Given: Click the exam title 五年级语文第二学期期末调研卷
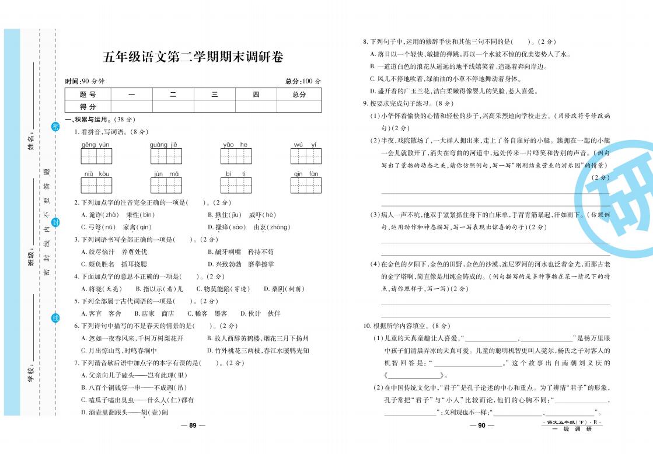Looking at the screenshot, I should (x=193, y=57).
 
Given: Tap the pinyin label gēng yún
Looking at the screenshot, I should (x=95, y=145).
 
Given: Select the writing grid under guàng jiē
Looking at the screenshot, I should (x=166, y=156).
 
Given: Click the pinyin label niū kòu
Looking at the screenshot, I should (x=96, y=174).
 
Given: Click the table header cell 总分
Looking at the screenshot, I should (x=299, y=95).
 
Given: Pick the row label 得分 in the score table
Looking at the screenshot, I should (x=88, y=106).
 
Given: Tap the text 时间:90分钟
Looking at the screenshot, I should (x=84, y=81).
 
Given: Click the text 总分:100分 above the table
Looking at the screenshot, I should (x=303, y=81).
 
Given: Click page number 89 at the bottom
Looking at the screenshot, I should (x=193, y=425).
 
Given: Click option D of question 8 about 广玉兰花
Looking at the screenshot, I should (x=453, y=91).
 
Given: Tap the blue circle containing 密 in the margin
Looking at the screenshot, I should (x=55, y=127).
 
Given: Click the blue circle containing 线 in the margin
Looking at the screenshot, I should (x=55, y=317).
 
